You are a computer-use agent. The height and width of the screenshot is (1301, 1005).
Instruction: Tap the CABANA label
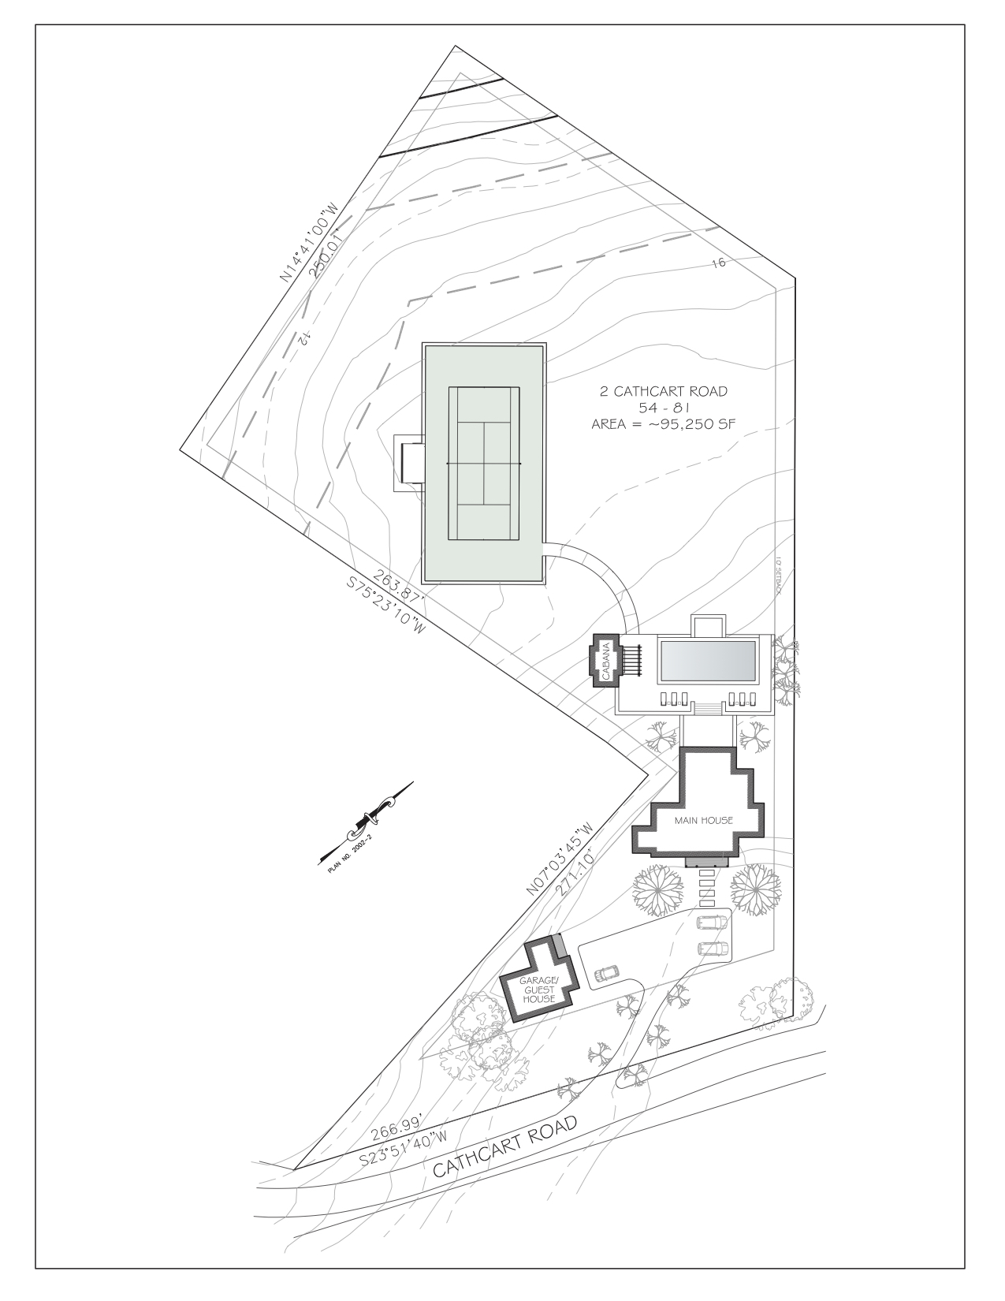tap(606, 661)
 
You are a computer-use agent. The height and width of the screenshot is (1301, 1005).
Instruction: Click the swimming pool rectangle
tap(708, 661)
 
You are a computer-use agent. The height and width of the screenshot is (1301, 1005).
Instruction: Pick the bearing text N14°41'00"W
tap(309, 242)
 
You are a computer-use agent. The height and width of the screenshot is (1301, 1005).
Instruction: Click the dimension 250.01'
tap(327, 252)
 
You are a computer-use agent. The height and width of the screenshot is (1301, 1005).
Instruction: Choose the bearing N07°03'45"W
tap(559, 859)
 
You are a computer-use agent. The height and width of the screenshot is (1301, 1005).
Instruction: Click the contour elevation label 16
tap(719, 263)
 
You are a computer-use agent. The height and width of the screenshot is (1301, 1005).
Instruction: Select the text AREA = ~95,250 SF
tap(663, 424)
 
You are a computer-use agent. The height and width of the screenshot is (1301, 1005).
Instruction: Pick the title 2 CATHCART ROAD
tap(664, 392)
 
